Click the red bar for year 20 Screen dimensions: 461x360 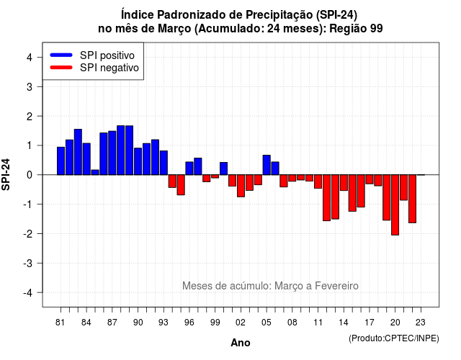tap(395, 204)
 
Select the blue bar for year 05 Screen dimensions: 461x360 tap(267, 165)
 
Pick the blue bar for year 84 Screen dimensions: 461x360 tap(86, 159)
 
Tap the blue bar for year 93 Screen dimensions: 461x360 tap(164, 163)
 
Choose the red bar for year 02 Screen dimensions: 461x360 tap(241, 186)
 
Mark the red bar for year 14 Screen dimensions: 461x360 tap(344, 182)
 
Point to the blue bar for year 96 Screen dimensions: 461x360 tap(189, 168)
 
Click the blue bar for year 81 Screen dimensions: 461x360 tap(61, 161)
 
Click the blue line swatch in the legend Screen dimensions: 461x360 tap(61, 55)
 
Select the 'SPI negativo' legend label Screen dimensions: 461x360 tap(109, 68)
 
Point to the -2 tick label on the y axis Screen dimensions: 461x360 tap(28, 234)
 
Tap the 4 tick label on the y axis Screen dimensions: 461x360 tap(30, 58)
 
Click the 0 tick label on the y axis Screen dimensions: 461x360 tap(30, 175)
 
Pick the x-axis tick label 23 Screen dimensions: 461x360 tap(421, 323)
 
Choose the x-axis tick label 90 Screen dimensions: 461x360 tap(138, 323)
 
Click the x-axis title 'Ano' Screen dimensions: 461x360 tap(240, 343)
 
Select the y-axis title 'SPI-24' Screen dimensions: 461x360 tap(6, 174)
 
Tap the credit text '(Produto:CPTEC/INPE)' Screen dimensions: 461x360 tap(394, 338)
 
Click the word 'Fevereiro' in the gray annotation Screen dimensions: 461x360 tap(336, 286)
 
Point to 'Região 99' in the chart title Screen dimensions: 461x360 tap(356, 29)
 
